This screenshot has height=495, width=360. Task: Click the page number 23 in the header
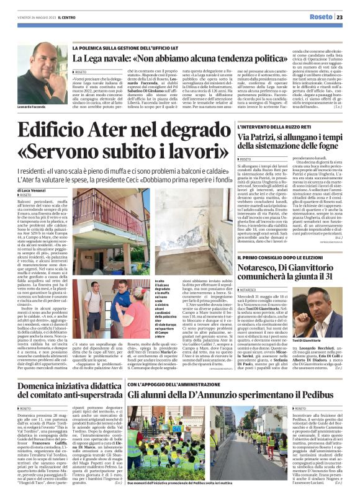[348, 17]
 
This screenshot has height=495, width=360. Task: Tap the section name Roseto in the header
[322, 17]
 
